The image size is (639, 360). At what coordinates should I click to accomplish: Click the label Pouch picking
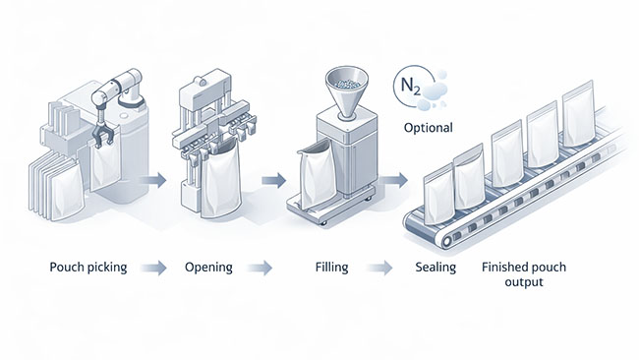pos(87,268)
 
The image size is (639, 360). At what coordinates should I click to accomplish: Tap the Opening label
pos(207,268)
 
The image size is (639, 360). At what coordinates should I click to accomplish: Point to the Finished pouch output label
pos(524,274)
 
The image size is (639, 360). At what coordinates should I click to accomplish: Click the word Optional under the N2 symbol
pos(429,128)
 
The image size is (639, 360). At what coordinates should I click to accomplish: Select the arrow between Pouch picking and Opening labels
pos(154,268)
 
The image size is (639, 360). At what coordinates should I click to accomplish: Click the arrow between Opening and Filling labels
pos(260,268)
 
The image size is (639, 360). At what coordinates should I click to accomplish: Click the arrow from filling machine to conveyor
pos(395,180)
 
